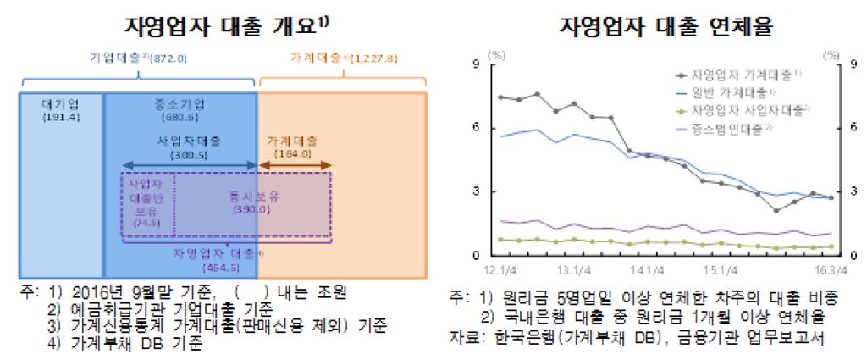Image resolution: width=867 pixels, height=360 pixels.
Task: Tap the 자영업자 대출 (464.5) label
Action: click(218, 259)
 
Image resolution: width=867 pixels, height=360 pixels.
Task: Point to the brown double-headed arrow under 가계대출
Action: click(294, 164)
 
